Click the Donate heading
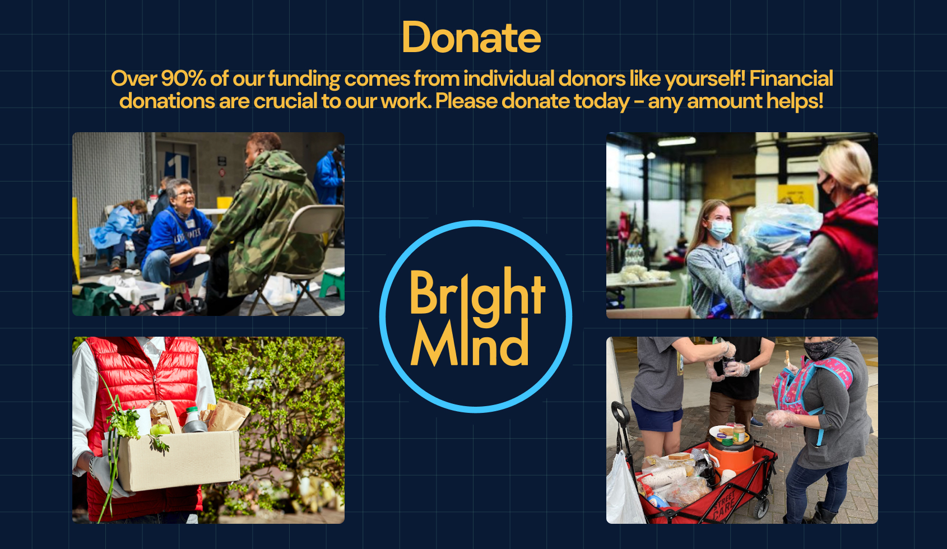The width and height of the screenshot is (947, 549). [471, 38]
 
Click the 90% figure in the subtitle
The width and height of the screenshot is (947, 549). [183, 78]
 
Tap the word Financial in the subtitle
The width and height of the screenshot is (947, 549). [791, 78]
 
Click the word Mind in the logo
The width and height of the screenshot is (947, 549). [470, 342]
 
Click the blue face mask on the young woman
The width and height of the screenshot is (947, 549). [720, 230]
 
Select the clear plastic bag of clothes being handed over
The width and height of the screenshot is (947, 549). [781, 245]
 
